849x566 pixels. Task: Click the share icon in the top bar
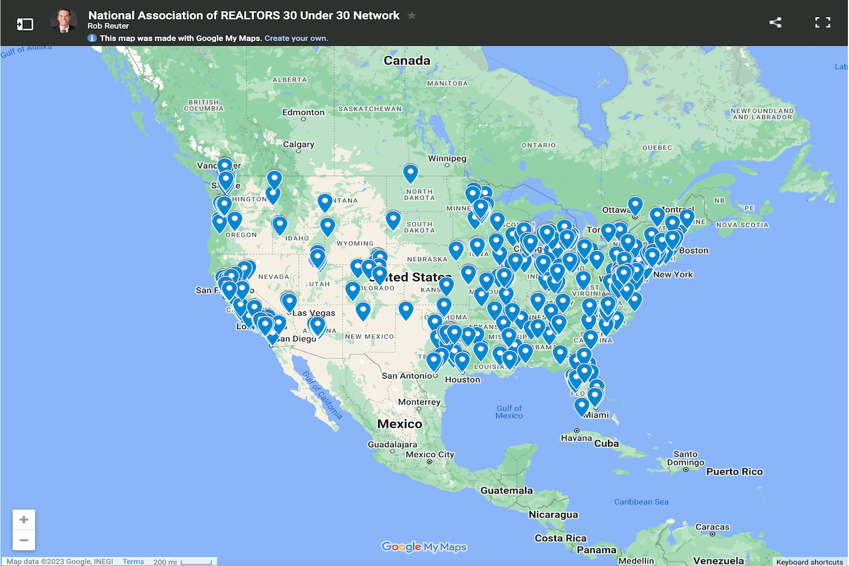point(775,22)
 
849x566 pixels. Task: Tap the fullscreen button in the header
point(822,22)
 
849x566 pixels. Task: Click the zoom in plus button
point(24,520)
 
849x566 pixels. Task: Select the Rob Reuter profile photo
point(63,22)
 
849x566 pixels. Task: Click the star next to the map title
point(411,16)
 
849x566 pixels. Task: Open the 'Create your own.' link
point(296,39)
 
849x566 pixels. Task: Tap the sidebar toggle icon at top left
point(25,24)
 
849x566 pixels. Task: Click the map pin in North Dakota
point(410,173)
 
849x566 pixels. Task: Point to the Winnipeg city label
point(447,159)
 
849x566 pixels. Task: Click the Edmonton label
point(303,112)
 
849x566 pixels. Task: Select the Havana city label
point(576,438)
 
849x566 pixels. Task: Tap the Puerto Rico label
point(734,471)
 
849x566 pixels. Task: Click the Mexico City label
point(429,454)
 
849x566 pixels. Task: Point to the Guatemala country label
point(506,490)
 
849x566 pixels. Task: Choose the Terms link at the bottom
point(133,561)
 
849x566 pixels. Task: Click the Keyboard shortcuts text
point(809,562)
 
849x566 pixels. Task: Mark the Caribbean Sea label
point(641,501)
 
